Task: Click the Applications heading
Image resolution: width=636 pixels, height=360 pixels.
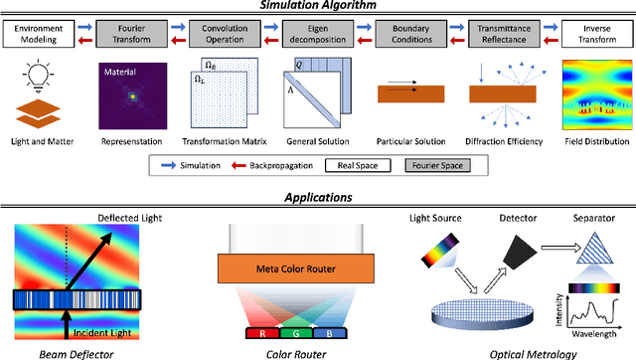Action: (318, 197)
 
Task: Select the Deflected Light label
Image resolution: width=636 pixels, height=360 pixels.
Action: (125, 216)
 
